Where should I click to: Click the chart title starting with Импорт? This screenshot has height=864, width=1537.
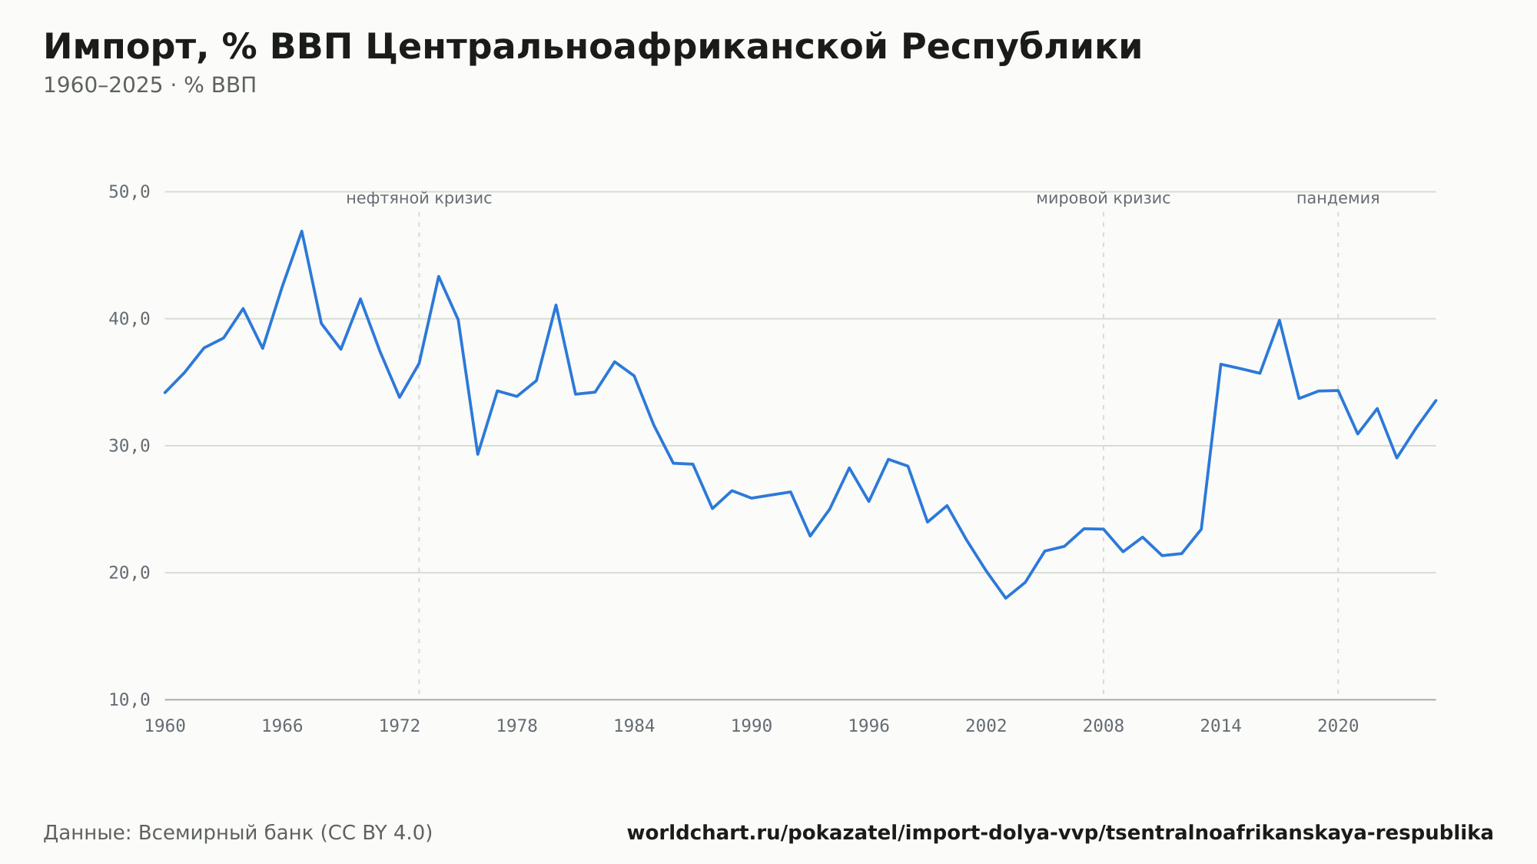593,48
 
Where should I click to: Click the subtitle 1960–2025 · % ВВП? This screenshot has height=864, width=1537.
150,85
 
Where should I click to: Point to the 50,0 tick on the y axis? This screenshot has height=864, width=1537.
129,192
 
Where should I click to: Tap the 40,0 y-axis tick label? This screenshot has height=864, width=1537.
129,319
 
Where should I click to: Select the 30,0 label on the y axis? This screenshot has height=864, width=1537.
129,446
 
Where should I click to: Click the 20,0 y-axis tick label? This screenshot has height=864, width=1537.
129,573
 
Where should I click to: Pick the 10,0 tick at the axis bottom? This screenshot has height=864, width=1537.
129,700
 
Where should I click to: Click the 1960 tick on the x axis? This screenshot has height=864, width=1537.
165,726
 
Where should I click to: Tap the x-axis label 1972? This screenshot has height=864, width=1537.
400,726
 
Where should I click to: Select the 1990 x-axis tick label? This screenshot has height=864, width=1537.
752,726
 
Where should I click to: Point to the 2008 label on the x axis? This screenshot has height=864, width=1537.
1104,726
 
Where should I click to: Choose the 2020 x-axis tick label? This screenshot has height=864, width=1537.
1338,726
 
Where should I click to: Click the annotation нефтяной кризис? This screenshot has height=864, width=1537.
419,198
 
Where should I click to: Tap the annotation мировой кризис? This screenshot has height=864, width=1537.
1104,198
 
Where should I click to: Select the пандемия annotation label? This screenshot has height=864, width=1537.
1338,198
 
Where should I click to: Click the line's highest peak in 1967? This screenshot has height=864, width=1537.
302,231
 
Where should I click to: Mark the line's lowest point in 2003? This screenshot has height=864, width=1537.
1006,598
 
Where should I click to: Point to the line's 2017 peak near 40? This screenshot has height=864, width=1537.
1280,320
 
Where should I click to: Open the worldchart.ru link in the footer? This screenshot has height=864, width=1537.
1061,833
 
